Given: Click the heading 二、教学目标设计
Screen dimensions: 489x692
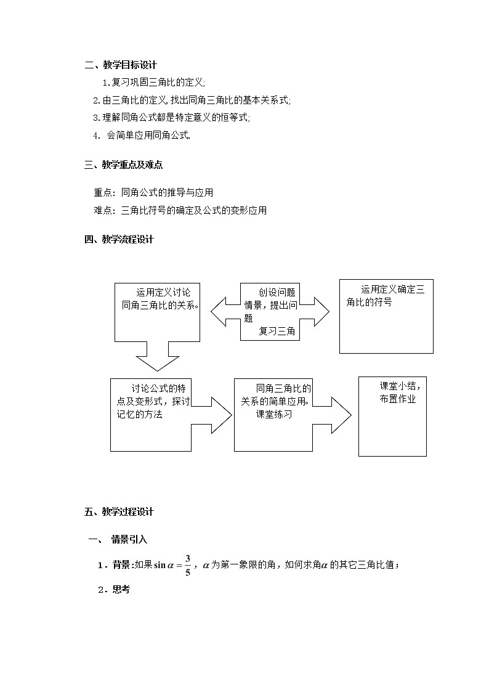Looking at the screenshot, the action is point(121,65).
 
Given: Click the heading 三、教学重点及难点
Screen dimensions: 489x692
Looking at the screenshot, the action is point(123,165).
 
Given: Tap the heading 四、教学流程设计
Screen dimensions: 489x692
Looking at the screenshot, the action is point(119,240).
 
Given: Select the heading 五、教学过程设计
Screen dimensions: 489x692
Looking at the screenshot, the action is point(119,511).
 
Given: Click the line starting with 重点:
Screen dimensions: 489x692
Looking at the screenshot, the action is point(153,193).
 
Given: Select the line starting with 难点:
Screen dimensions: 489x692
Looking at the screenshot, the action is point(180,211).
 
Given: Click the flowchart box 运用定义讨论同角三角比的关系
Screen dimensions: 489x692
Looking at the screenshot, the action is point(158,311).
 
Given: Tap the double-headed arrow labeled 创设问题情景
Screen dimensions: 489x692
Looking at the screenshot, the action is point(270,311).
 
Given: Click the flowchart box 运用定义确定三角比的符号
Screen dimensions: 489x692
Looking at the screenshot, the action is point(386,315).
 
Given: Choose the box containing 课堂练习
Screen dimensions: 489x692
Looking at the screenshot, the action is point(274,415).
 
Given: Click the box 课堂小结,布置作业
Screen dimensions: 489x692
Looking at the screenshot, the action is point(392,417).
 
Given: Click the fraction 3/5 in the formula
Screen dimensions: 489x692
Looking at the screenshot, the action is point(187,565).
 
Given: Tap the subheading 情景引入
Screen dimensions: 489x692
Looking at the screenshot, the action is point(129,540).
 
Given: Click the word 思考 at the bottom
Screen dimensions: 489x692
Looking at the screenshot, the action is point(121,590).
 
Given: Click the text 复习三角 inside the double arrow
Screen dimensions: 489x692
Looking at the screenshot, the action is point(277,332).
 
